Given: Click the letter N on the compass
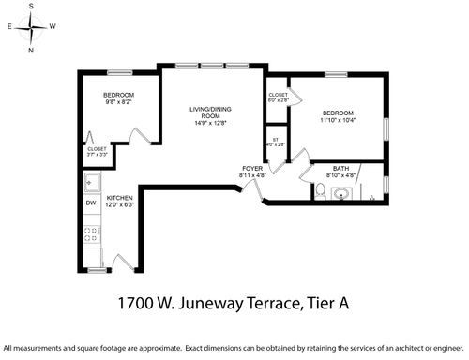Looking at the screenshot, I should coord(31,50).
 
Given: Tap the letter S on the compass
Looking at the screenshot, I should coord(31,7).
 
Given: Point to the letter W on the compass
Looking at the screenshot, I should coord(53,27).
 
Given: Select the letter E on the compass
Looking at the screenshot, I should coord(9,28).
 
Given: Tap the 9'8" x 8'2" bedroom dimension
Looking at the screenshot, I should coord(118,102).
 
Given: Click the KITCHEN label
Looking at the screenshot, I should coord(120,198).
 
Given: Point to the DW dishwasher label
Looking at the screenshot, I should coord(91,203).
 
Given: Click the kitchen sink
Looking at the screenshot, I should coord(92,181).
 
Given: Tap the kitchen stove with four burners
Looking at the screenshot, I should coord(92,234).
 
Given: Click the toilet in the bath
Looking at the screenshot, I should coord(320,191).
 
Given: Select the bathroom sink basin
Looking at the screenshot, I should coord(341,194).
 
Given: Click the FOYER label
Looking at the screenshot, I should coord(252,168).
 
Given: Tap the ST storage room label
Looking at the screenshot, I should coord(276,140).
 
